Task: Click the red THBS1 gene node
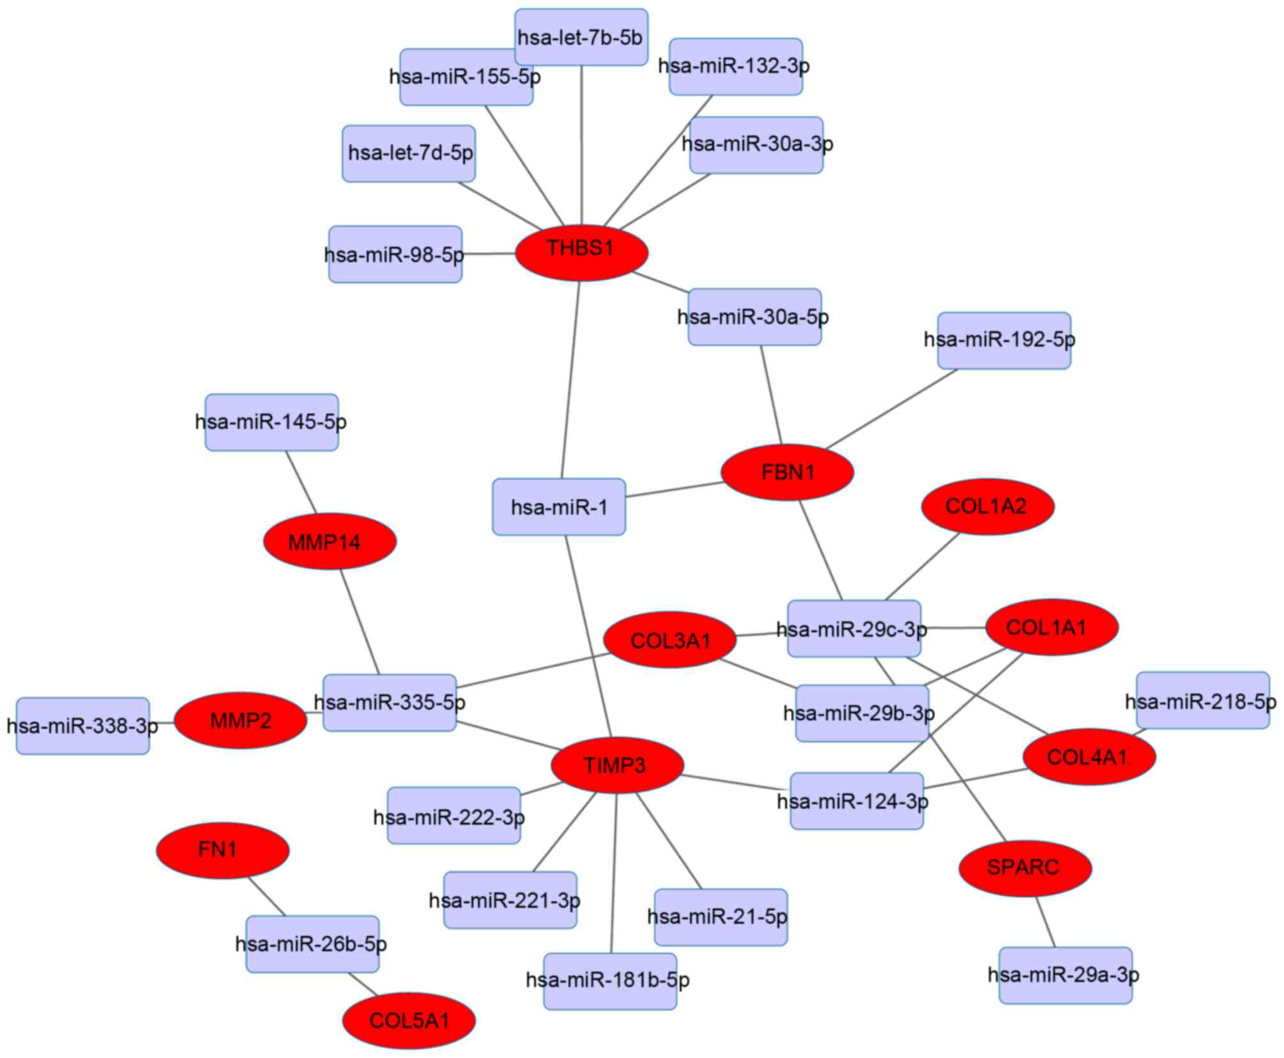581,253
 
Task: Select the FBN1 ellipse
787,472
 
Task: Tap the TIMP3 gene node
617,765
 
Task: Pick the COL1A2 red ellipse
987,506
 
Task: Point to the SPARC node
1025,867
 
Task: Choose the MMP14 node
330,541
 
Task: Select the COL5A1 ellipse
409,1020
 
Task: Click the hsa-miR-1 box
559,507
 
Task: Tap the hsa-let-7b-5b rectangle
581,37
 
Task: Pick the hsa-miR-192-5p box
1004,340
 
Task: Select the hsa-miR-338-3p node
83,726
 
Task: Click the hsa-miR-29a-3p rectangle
1065,975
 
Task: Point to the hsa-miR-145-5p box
271,422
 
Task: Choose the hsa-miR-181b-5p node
610,981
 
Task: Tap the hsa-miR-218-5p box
1202,700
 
